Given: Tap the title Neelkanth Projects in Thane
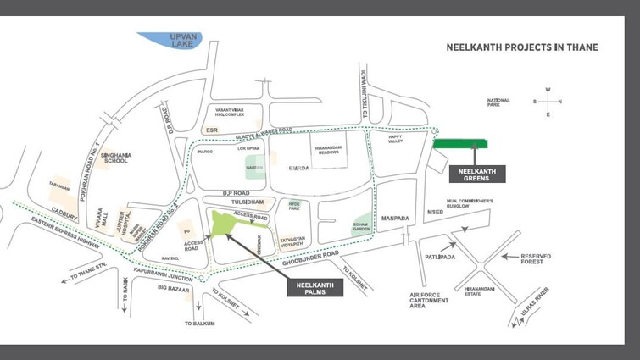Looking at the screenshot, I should pos(521,47).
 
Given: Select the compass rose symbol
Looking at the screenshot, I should pos(547,102).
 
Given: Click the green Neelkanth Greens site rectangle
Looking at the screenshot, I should pos(459,144).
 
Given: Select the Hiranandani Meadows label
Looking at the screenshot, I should pos(327,149).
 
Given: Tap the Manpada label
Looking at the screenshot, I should pos(395,219).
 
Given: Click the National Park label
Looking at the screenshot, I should pos(498,102).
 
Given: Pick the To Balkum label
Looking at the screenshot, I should pos(200,324).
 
